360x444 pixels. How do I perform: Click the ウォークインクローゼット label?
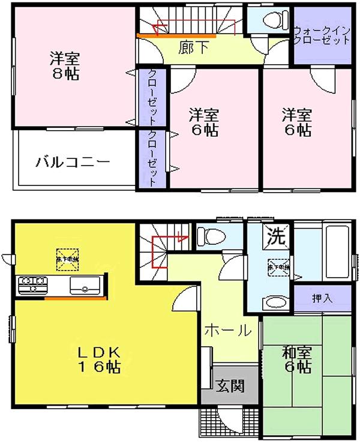point(322,35)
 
